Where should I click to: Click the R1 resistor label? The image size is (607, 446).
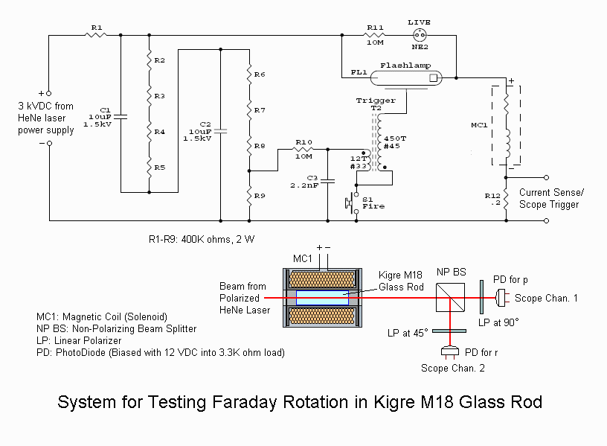[96, 28]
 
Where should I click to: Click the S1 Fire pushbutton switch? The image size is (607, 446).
[352, 203]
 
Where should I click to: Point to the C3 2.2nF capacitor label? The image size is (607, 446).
[306, 182]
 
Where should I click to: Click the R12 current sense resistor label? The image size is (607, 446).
[492, 200]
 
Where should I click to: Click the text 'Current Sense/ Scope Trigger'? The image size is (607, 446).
[551, 198]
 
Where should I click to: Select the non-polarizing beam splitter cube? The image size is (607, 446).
[451, 298]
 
